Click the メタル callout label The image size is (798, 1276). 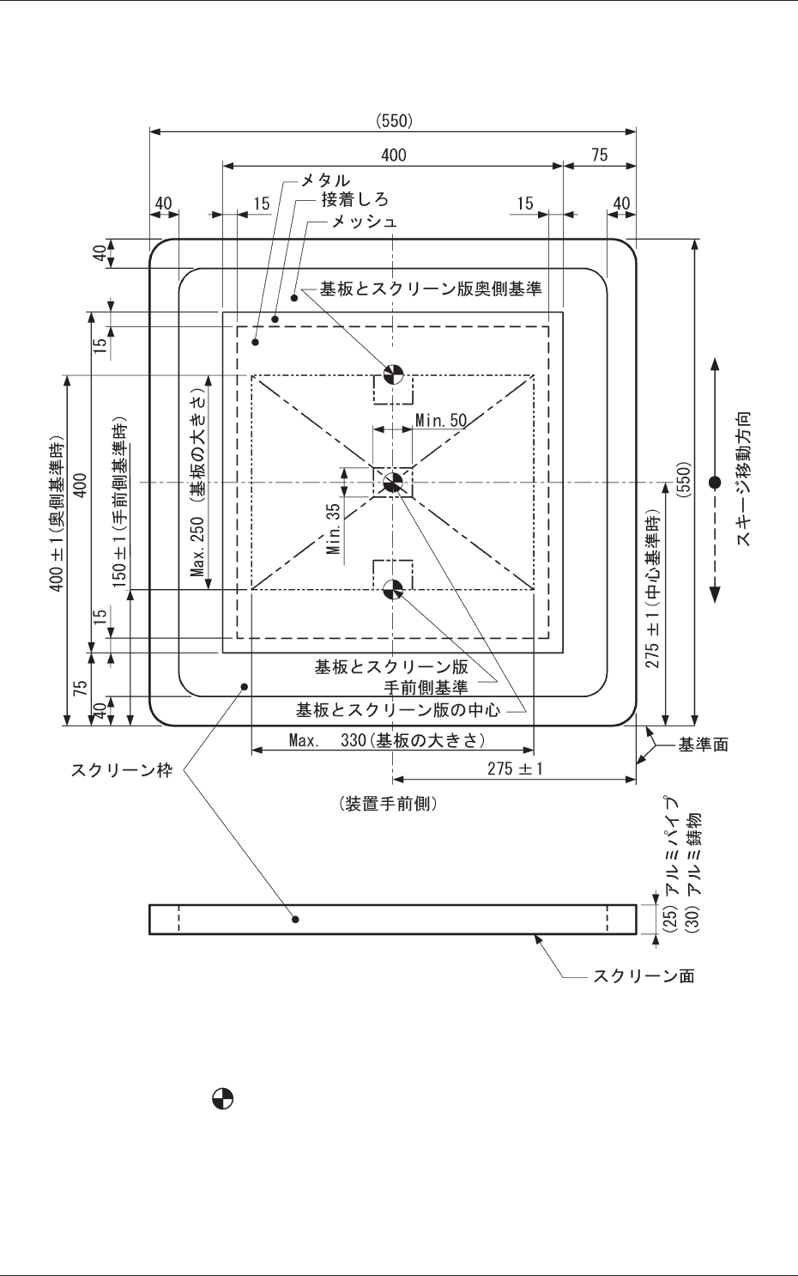click(x=324, y=180)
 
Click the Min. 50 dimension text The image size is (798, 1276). click(x=441, y=420)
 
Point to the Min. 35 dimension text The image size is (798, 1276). click(x=334, y=527)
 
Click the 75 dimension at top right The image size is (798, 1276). click(x=599, y=155)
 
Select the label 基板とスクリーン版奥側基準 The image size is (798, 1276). click(x=431, y=289)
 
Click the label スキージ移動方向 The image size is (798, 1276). click(x=744, y=480)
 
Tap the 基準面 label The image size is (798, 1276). click(x=704, y=744)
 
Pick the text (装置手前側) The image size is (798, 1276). click(x=390, y=804)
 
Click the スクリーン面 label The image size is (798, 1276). click(x=644, y=975)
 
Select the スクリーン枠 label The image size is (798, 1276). click(x=121, y=770)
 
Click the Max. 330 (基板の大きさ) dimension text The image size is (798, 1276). click(x=387, y=739)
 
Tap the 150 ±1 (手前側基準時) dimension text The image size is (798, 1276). click(x=120, y=501)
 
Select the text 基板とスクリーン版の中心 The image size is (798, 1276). click(x=398, y=710)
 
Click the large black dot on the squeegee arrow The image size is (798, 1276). click(x=715, y=483)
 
